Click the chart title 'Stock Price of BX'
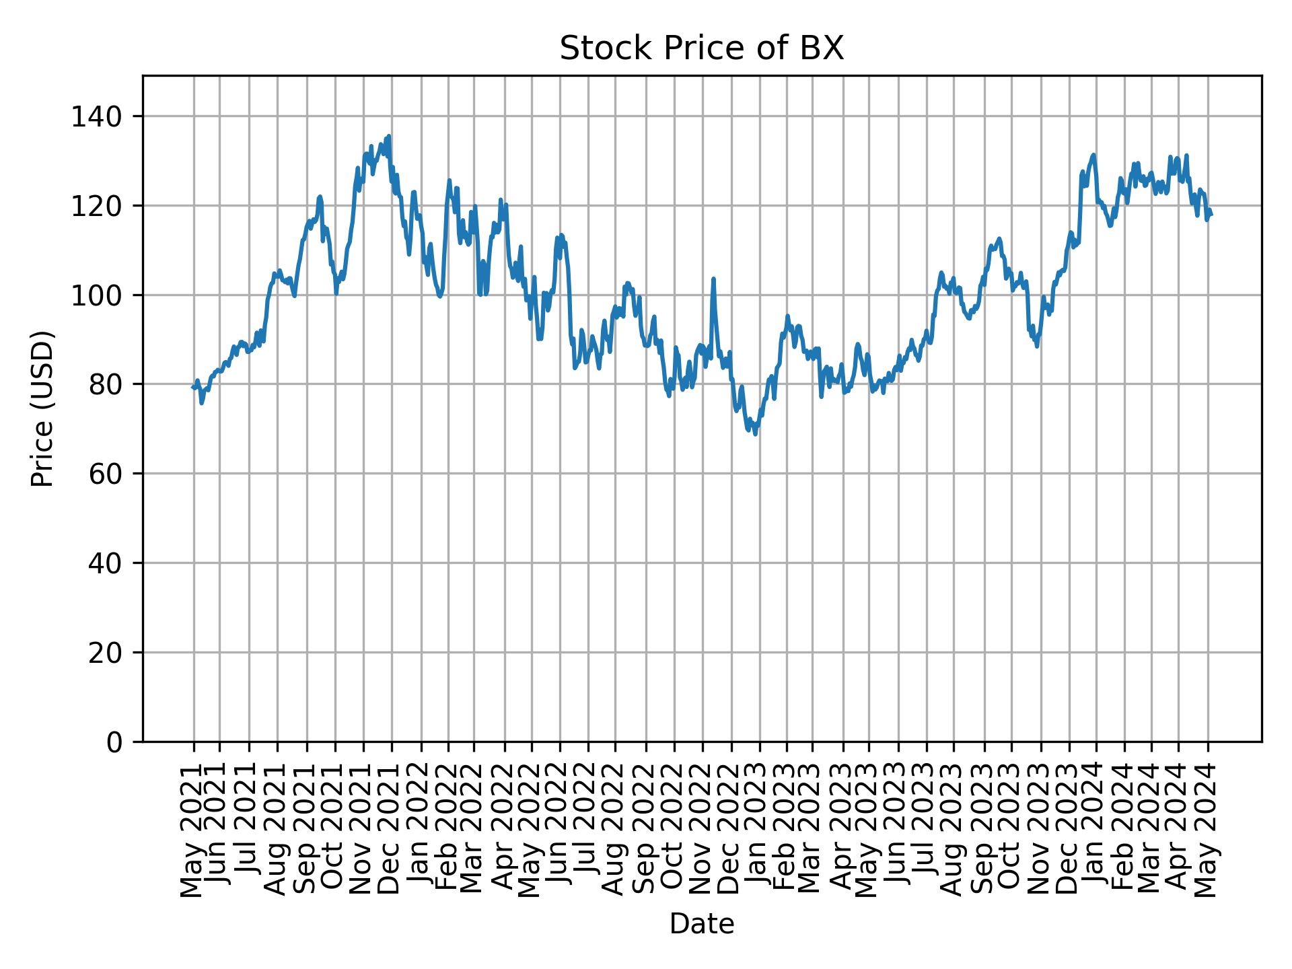coord(701,48)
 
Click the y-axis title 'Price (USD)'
coord(42,408)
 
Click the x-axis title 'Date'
coord(701,924)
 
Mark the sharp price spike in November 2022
coord(713,279)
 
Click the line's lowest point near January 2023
coord(755,434)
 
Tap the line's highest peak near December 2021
coord(389,136)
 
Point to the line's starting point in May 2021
coord(193,387)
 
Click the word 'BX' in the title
coord(822,48)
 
